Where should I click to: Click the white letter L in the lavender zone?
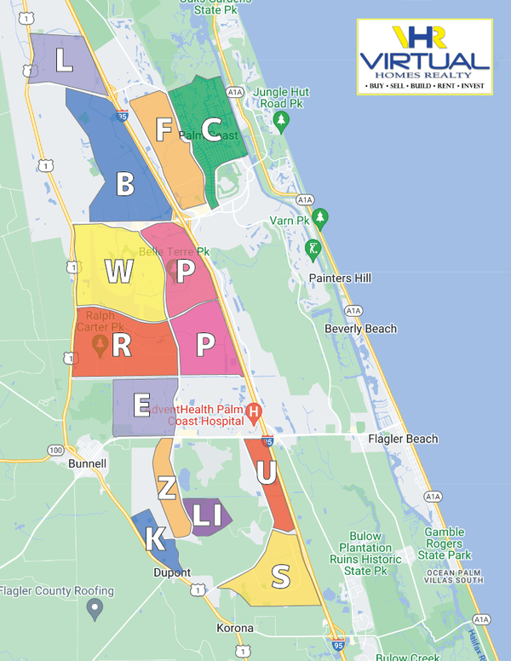click(64, 60)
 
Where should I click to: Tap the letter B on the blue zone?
click(125, 184)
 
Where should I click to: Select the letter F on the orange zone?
click(164, 129)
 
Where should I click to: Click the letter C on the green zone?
click(212, 129)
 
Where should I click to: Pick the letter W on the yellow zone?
click(119, 272)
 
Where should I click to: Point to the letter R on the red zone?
click(121, 345)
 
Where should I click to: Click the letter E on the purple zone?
click(141, 405)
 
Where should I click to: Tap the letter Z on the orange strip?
click(167, 488)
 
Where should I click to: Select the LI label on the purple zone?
click(207, 514)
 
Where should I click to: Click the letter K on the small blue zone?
click(154, 539)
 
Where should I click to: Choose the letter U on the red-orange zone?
click(266, 474)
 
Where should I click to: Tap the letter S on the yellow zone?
click(279, 577)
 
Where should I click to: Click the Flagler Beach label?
click(403, 439)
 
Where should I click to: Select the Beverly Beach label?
click(360, 329)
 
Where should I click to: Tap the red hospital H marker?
click(252, 414)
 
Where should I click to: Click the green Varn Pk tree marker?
click(320, 216)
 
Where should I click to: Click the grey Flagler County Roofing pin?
click(95, 608)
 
